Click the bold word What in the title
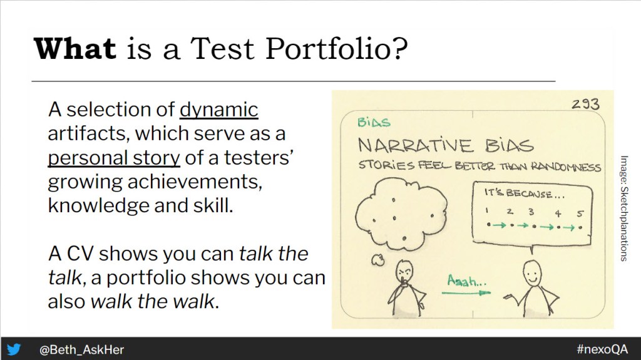(75, 49)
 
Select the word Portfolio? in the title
(336, 49)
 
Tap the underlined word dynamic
(218, 110)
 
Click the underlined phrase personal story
(114, 158)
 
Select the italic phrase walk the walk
(153, 302)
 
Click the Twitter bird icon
(14, 349)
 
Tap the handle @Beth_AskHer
(81, 350)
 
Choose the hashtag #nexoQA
(602, 349)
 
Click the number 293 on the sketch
(585, 104)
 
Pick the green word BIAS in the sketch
(374, 122)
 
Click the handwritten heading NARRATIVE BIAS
(446, 146)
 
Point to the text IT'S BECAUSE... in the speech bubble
(524, 193)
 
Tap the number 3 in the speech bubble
(531, 212)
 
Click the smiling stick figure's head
(533, 272)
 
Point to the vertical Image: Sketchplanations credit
(623, 208)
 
